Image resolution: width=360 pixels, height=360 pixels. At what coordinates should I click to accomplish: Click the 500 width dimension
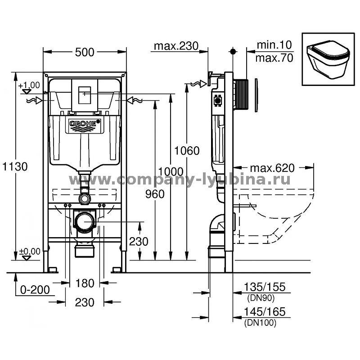tap(85, 52)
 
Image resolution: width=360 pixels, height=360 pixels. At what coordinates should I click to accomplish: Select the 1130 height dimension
tap(15, 166)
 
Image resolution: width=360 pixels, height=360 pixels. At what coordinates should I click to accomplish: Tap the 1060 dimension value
tap(187, 151)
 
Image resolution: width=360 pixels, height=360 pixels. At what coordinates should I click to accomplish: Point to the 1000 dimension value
tap(171, 171)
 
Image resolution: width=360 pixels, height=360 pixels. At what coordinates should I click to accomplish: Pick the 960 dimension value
tap(155, 194)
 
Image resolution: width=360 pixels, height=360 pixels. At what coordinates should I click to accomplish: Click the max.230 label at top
tap(176, 46)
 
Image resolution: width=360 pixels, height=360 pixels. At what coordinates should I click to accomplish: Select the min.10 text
tap(274, 45)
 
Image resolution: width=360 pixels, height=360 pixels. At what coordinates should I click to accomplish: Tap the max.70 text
tap(274, 58)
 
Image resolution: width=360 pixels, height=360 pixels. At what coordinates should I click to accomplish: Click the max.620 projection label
tap(272, 168)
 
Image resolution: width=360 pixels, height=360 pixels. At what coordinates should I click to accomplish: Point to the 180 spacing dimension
tap(85, 283)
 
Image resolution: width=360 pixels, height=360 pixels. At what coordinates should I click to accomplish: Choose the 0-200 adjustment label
tap(35, 290)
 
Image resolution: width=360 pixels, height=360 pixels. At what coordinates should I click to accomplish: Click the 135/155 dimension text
tap(265, 287)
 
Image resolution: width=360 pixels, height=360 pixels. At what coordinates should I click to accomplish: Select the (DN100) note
tap(261, 323)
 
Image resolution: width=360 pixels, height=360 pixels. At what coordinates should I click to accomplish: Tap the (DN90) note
tap(261, 298)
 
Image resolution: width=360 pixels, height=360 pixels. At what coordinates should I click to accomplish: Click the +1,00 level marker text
tap(29, 85)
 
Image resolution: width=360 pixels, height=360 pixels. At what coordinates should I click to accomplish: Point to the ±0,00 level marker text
tap(30, 252)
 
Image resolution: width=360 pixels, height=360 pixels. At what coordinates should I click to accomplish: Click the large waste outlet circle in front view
tap(85, 222)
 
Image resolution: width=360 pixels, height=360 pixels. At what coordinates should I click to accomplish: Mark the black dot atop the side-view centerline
tap(233, 51)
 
